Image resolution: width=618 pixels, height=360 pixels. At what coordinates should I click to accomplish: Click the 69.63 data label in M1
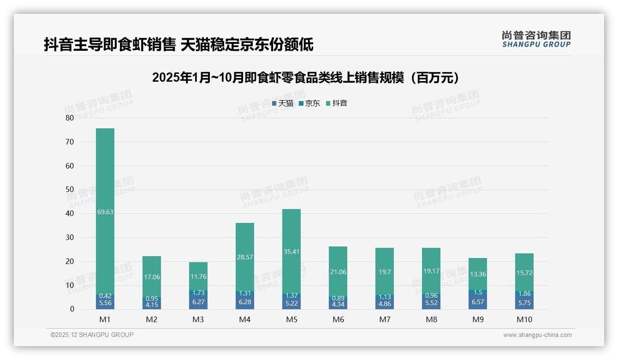pos(105,212)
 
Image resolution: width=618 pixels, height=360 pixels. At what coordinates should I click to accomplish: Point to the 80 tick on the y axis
pos(70,118)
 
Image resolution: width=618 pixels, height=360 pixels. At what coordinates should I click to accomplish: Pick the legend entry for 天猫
pos(283,103)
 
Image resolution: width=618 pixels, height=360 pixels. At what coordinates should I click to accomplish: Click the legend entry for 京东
pos(309,103)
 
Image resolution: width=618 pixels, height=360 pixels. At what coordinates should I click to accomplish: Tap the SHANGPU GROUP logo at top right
pos(536,39)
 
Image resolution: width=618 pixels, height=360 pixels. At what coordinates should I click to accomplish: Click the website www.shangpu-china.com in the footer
pos(537,335)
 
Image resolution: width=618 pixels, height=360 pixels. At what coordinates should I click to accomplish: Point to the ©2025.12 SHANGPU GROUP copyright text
pos(92,335)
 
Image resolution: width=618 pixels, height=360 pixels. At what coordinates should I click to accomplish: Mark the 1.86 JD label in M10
pos(524,294)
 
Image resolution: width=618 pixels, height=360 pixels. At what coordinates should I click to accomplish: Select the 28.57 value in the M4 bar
pos(245,257)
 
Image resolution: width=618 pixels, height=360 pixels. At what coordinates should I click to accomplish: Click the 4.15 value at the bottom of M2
pos(152,305)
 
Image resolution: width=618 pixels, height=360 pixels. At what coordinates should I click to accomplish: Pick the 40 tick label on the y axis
pos(70,214)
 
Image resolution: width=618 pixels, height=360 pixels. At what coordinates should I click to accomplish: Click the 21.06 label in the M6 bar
pos(338,272)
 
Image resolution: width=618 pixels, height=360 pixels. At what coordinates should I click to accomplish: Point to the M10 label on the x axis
pos(524,319)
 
